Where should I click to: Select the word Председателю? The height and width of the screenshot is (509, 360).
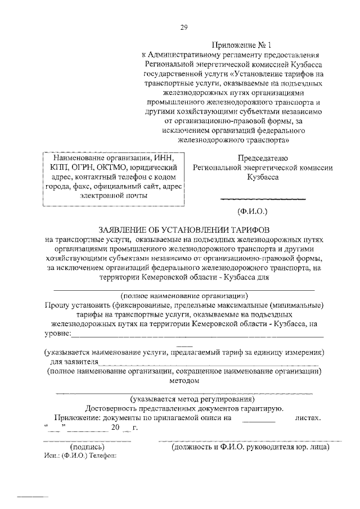pos(263,157)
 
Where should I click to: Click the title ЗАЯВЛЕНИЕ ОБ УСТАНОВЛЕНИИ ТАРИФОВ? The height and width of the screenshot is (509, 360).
pos(184,230)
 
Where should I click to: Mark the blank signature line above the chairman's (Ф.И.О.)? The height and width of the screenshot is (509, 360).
pos(262,199)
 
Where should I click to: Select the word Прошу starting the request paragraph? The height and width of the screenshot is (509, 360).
pos(58,305)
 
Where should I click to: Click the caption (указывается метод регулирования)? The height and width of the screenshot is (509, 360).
pos(184,399)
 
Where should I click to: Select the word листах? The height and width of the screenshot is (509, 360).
pos(308,418)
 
